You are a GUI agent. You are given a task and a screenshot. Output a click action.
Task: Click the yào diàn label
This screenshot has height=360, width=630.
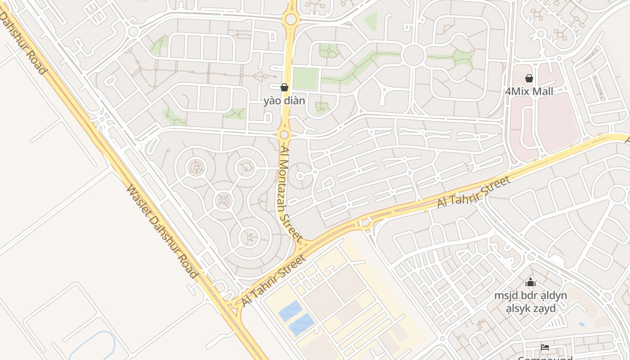point(284,100)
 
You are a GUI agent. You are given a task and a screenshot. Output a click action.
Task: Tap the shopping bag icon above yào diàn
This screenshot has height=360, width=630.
point(284,87)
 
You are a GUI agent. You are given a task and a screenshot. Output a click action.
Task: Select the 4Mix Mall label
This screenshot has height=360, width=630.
point(529,91)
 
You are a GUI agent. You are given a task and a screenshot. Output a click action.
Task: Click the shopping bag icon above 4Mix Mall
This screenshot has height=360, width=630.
point(529,78)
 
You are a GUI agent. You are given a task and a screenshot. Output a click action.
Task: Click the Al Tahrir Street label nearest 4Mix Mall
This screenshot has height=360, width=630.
point(474,192)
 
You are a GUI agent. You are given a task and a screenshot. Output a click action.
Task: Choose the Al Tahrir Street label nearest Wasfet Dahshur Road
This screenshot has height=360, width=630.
point(274,280)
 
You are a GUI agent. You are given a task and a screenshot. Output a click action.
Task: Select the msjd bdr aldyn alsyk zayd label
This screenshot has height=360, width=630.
point(531,302)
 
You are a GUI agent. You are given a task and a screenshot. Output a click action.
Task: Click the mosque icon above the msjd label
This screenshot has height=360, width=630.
point(531,283)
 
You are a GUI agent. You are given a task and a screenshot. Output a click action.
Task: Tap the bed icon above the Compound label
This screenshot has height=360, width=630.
point(545,347)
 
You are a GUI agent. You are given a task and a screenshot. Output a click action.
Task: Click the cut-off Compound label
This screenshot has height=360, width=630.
point(545,358)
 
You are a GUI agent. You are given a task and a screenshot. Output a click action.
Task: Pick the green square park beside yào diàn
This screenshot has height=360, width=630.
point(306,79)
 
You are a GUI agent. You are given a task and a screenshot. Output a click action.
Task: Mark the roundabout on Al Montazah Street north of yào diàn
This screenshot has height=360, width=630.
point(291,19)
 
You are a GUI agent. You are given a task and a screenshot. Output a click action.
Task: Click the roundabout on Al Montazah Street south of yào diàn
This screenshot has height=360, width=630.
point(284,135)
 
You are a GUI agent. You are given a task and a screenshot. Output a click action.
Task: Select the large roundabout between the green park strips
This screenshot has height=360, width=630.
point(414,55)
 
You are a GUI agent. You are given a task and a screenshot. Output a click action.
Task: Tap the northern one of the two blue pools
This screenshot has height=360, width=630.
point(291,310)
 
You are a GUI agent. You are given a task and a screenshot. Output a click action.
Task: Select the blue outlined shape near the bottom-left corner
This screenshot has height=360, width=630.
point(92,346)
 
